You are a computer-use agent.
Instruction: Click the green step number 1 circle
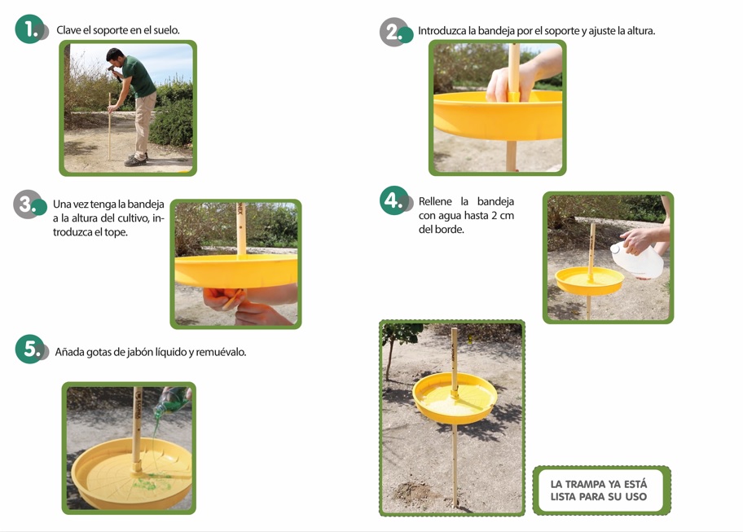[29, 29]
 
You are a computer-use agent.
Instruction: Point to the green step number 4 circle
[393, 200]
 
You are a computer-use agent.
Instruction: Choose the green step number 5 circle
[29, 350]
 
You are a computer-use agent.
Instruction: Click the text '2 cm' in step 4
[503, 216]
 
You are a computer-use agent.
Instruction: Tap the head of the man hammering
[114, 56]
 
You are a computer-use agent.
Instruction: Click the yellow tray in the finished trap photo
[455, 398]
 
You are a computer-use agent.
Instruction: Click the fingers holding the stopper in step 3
[225, 299]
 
